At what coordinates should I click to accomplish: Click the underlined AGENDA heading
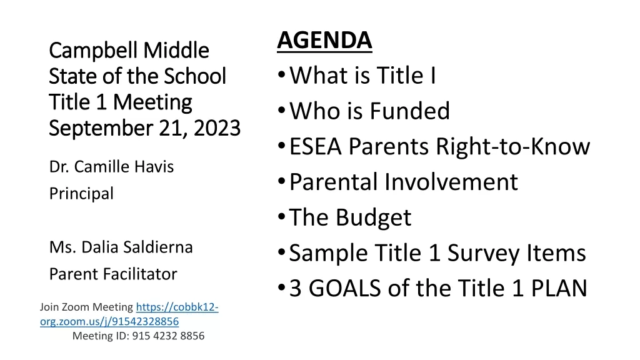pyautogui.click(x=324, y=41)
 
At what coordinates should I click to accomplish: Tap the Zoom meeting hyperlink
pyautogui.click(x=129, y=314)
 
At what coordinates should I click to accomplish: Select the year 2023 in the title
pyautogui.click(x=217, y=128)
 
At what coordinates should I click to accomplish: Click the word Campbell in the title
pyautogui.click(x=93, y=51)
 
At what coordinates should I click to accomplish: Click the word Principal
pyautogui.click(x=81, y=194)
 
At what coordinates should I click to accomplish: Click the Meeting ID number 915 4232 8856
pyautogui.click(x=168, y=336)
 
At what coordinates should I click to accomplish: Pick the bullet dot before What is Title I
pyautogui.click(x=281, y=75)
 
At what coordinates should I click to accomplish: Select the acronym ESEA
pyautogui.click(x=315, y=146)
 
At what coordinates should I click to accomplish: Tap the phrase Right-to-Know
pyautogui.click(x=512, y=146)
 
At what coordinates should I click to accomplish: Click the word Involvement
pyautogui.click(x=451, y=182)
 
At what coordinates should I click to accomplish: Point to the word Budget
pyautogui.click(x=373, y=217)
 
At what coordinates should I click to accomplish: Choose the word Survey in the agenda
pyautogui.click(x=483, y=253)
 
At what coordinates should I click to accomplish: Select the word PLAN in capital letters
pyautogui.click(x=559, y=289)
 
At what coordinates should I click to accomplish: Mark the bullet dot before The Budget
pyautogui.click(x=281, y=217)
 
